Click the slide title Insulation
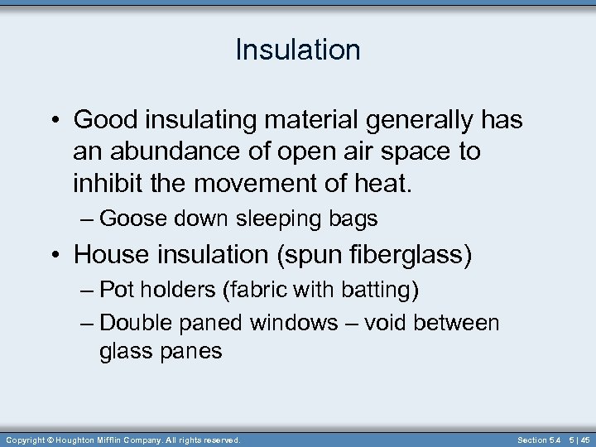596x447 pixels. point(298,50)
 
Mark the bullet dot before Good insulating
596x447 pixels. point(55,121)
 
